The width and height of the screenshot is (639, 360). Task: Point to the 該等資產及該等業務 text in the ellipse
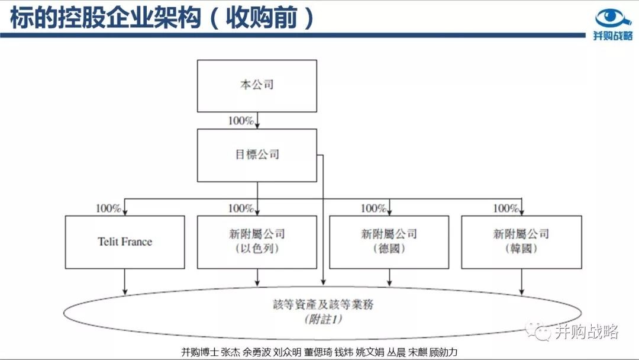click(x=323, y=304)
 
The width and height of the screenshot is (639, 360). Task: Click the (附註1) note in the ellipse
click(x=323, y=319)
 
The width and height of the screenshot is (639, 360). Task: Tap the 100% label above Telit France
click(x=108, y=208)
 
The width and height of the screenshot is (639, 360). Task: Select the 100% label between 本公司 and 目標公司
click(x=241, y=121)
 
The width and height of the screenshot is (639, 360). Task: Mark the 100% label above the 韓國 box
click(x=506, y=208)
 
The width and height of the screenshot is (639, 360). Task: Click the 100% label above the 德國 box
click(x=373, y=208)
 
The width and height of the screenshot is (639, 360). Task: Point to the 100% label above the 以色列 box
click(x=241, y=208)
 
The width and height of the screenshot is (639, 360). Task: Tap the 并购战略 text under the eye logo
click(x=613, y=36)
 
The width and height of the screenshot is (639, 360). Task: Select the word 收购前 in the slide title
click(x=262, y=18)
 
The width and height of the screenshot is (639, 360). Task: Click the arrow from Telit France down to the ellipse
click(x=125, y=282)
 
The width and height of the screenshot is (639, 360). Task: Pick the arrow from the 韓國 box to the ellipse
click(x=522, y=282)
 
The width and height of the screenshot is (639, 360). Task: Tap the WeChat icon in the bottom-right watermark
click(x=538, y=330)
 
